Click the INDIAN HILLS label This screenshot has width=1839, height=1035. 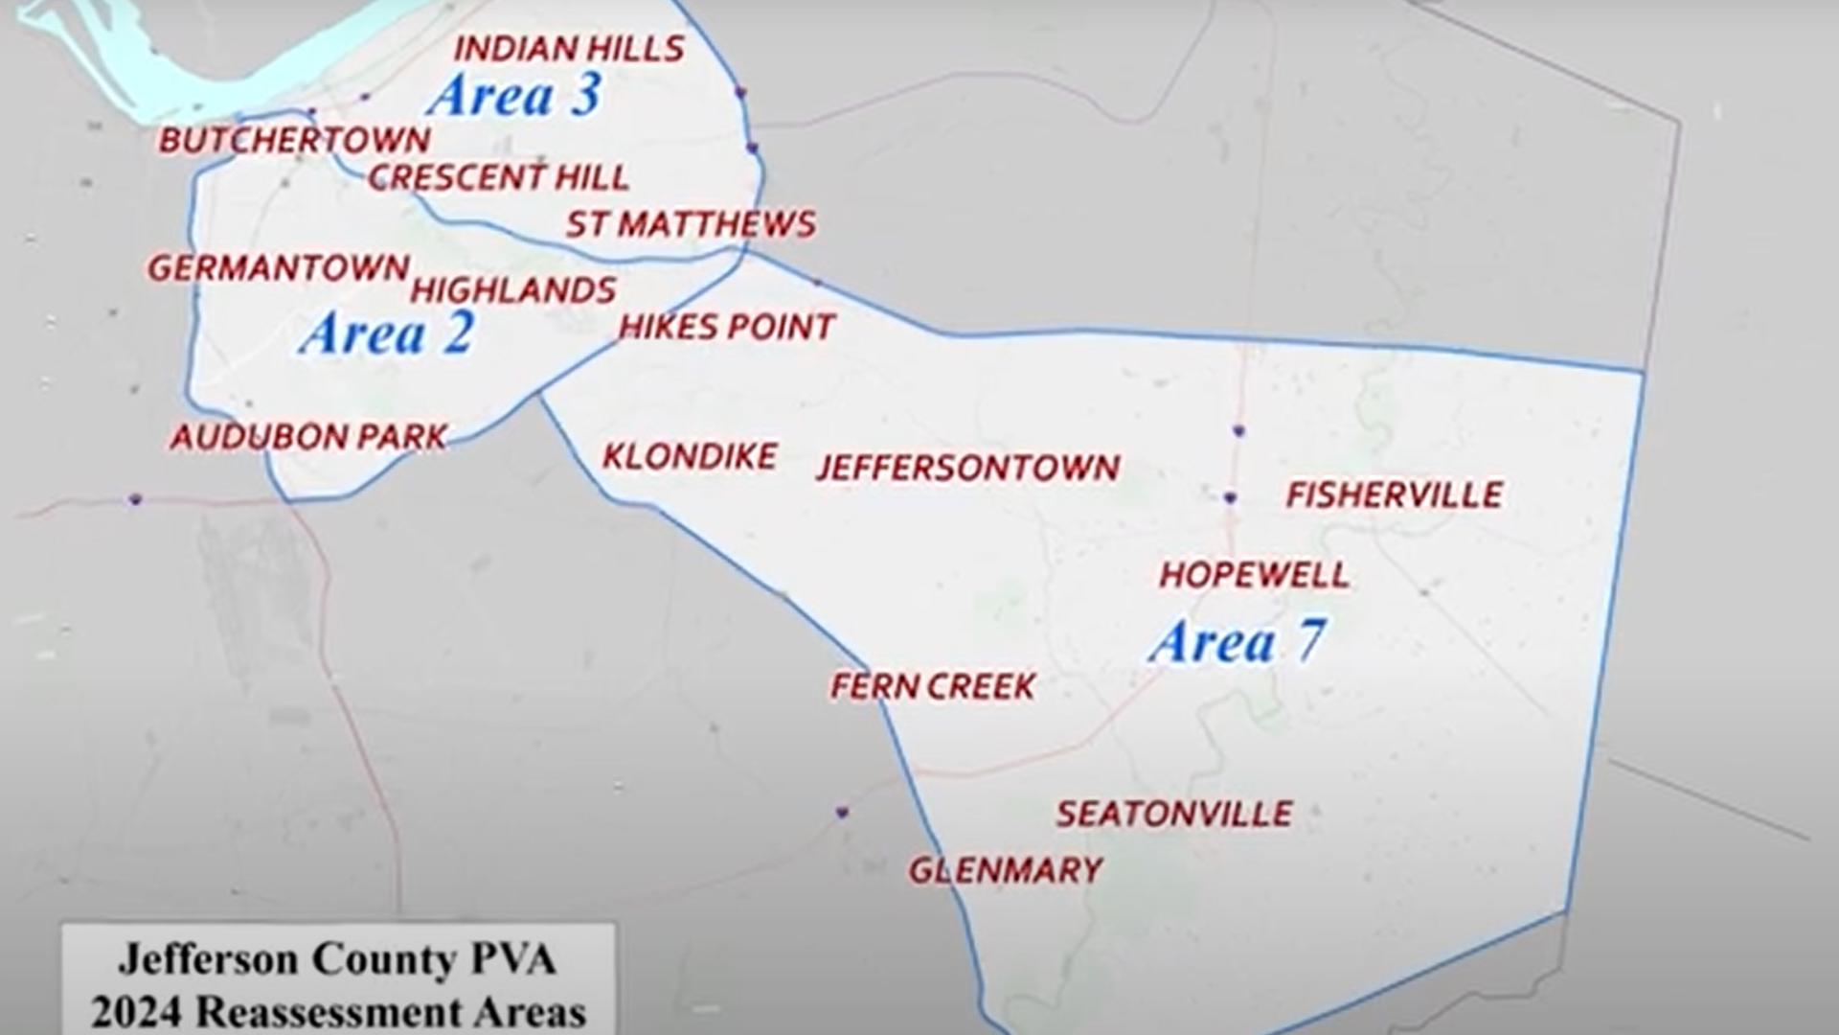point(569,49)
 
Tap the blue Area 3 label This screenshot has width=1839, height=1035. point(515,96)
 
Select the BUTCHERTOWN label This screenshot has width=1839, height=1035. point(294,141)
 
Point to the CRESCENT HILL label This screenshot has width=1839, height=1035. point(498,177)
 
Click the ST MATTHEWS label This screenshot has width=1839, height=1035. point(691,224)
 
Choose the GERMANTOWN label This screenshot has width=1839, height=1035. point(278,268)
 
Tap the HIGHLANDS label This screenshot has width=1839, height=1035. point(513,290)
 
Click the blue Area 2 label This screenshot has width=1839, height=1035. point(387,334)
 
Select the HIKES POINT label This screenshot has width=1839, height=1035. point(727,328)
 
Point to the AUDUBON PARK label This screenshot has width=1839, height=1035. point(308,438)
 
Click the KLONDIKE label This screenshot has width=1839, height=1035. point(690,456)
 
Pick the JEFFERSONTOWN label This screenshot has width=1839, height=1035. point(967,468)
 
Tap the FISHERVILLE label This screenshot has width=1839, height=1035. point(1394,495)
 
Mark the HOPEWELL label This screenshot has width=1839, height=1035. point(1254,575)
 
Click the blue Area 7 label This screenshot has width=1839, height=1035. point(1237,641)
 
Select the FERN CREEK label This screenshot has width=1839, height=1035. point(933,686)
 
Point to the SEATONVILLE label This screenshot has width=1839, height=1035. point(1174,815)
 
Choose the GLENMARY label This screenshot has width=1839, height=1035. point(1006,870)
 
